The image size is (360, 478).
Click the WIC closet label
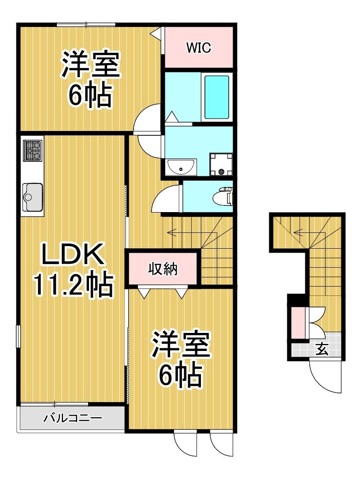(199, 48)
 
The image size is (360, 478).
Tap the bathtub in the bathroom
(216, 97)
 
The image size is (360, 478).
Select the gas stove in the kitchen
(33, 150)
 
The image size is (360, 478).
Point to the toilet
(224, 196)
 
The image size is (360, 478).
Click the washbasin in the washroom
(182, 167)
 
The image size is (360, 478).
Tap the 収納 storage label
(163, 269)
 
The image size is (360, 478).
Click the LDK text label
(73, 254)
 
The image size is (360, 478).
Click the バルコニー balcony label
(73, 417)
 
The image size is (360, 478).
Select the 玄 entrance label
(322, 349)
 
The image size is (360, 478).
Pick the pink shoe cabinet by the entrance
(298, 323)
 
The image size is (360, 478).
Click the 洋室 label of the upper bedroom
(90, 65)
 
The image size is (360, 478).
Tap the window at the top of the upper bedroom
(86, 25)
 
